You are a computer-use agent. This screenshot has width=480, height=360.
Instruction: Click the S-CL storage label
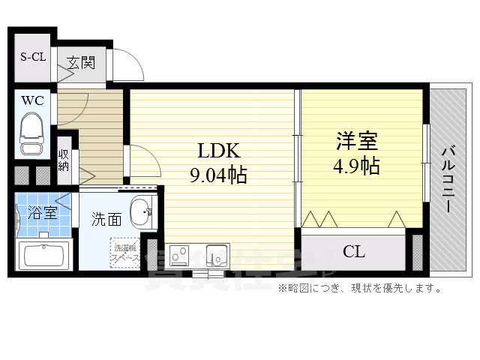(31, 57)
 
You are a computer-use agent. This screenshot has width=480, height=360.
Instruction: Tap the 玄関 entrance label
(81, 63)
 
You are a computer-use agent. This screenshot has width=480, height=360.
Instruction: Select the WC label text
(31, 100)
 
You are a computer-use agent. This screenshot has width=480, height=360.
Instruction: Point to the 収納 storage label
(64, 160)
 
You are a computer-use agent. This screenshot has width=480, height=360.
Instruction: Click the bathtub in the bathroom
(42, 255)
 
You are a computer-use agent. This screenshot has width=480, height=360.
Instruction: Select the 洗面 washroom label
(106, 219)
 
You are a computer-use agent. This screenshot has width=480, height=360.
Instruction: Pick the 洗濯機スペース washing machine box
(124, 253)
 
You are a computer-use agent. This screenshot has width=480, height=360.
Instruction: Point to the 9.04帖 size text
(217, 176)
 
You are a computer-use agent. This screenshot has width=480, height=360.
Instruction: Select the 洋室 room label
(356, 140)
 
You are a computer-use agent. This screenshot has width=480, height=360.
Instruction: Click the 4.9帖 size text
(356, 165)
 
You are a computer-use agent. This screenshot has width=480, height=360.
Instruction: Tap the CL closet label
(354, 251)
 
